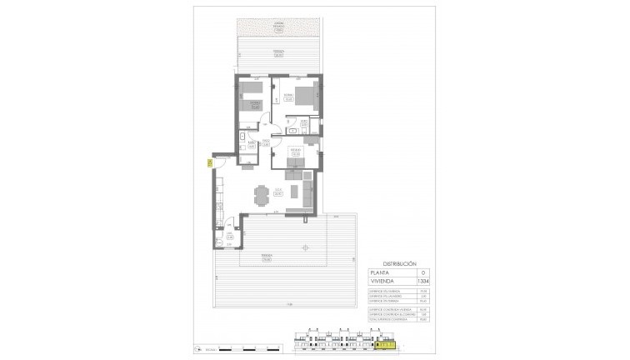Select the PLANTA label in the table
384,272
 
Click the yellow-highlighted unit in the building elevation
386,342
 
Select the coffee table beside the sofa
292,196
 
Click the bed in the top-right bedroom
305,96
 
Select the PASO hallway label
266,142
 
